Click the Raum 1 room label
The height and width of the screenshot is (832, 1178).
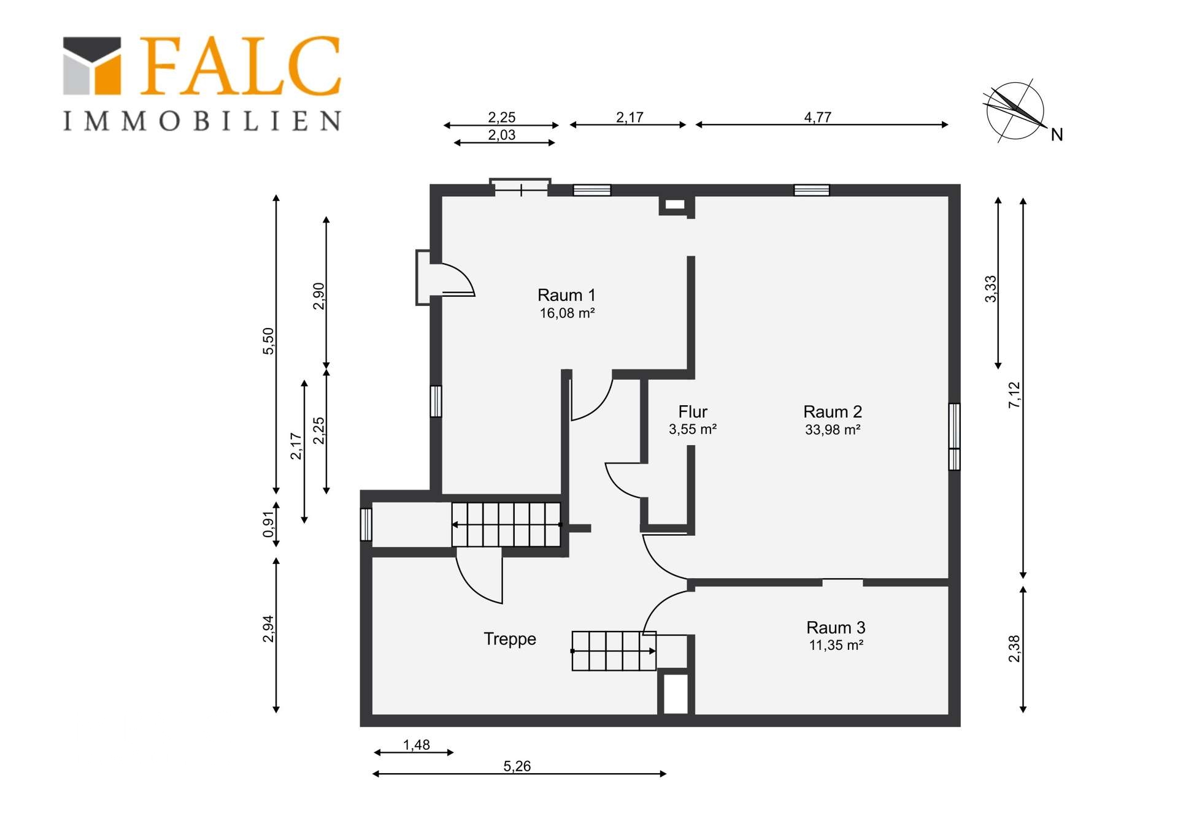(x=566, y=295)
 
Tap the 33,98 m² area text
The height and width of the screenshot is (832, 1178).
(x=833, y=430)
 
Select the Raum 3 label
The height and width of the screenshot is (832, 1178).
(x=836, y=627)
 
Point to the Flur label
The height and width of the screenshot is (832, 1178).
(x=693, y=411)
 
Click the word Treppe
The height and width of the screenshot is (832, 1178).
(x=510, y=639)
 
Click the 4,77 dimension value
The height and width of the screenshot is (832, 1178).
(x=818, y=117)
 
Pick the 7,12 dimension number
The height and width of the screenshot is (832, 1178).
(x=1014, y=395)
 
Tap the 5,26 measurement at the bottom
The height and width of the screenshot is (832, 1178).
(x=517, y=766)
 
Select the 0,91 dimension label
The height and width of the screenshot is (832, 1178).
(x=269, y=524)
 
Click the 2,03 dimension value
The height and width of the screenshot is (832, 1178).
(x=502, y=135)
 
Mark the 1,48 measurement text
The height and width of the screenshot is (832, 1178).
(x=417, y=745)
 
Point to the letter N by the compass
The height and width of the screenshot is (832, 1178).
(x=1057, y=135)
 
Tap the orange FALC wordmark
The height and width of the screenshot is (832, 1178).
(x=240, y=66)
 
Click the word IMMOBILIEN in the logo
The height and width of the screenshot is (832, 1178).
(x=202, y=121)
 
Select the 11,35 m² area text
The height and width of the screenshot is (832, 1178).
(x=836, y=645)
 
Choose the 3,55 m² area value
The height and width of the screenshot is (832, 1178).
(x=693, y=429)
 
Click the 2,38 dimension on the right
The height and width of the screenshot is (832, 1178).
(x=1014, y=649)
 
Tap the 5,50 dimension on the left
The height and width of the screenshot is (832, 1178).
(x=269, y=341)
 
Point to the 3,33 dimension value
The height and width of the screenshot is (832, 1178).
(x=991, y=289)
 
